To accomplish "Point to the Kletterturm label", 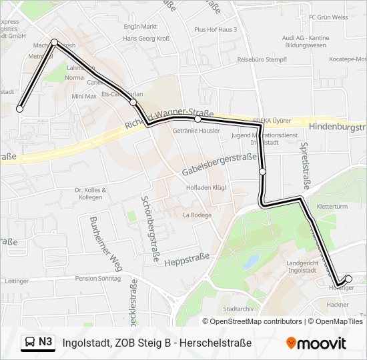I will point(333,207).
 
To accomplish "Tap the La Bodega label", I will point(197,215).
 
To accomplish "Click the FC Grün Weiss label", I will point(328,17).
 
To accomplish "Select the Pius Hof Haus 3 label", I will point(216,30).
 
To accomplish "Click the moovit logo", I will point(316,343).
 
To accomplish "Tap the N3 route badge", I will point(38,342).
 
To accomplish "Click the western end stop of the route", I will point(20,109).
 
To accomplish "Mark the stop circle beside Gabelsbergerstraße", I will point(262,172).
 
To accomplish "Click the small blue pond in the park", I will point(251,261).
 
